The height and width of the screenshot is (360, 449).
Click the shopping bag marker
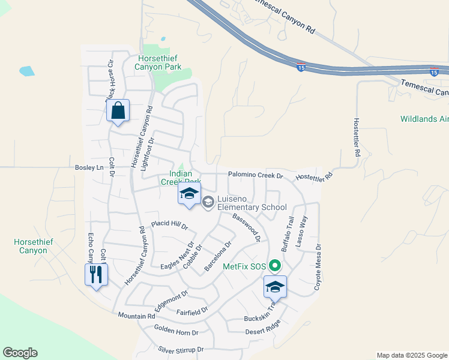tap(118, 111)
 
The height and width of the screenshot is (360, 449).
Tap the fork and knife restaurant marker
tap(96, 275)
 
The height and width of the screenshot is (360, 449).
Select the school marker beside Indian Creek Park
tap(189, 194)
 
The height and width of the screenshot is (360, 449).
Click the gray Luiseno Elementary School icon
tap(208, 202)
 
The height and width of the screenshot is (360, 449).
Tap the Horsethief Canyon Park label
tap(159, 62)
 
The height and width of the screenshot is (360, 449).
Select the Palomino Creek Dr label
tap(255, 175)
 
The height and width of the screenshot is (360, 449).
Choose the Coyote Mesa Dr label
tap(318, 268)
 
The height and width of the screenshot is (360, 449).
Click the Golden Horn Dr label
tap(176, 331)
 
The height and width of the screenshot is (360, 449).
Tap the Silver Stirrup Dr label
tap(181, 349)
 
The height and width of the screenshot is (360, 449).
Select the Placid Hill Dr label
tap(170, 224)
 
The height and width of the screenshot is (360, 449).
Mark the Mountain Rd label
tap(136, 316)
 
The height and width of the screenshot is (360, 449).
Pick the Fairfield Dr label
tap(192, 311)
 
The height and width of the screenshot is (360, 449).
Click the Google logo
tap(20, 353)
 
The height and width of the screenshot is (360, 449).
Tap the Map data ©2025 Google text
tap(412, 355)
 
